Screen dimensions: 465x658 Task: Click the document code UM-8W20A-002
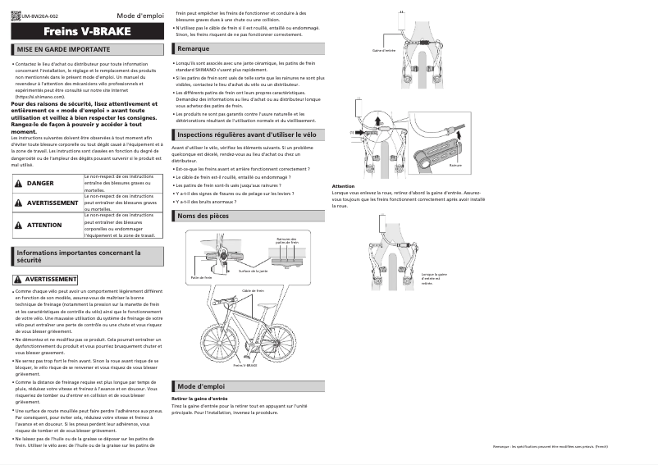tap(41, 16)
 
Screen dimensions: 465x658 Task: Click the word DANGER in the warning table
tap(40, 183)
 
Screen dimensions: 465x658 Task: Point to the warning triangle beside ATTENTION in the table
tap(18, 225)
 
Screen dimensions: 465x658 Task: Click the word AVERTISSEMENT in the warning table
tap(53, 202)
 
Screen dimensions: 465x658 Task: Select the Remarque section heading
tap(193, 49)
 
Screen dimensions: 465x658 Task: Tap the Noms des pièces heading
tap(203, 216)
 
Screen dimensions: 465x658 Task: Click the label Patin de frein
tap(201, 278)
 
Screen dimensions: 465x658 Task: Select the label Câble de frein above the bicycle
tap(254, 290)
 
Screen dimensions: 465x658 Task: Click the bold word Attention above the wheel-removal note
tap(343, 186)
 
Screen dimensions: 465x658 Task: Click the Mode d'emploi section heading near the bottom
tap(201, 385)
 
